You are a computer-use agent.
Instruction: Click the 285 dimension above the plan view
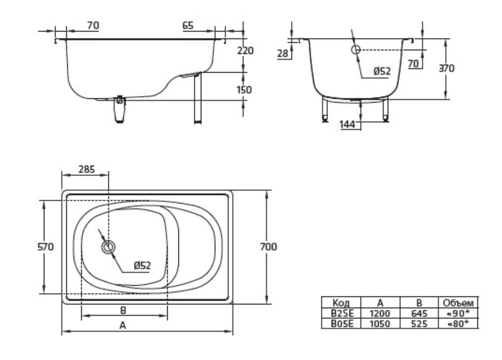pyautogui.click(x=87, y=169)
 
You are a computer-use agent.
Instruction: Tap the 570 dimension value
pyautogui.click(x=45, y=247)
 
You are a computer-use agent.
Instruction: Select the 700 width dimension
pyautogui.click(x=268, y=247)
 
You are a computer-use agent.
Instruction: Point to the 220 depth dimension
pyautogui.click(x=245, y=51)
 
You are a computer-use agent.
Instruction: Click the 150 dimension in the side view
pyautogui.click(x=244, y=90)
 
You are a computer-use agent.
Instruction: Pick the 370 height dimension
pyautogui.click(x=446, y=68)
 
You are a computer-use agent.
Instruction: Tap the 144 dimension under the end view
pyautogui.click(x=347, y=124)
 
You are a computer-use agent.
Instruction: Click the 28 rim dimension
pyautogui.click(x=283, y=53)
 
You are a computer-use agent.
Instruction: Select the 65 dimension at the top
pyautogui.click(x=188, y=25)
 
